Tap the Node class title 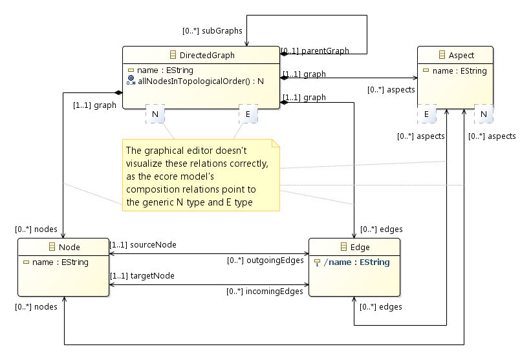click(x=69, y=247)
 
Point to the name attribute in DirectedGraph click(x=165, y=70)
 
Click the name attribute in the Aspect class click(x=459, y=71)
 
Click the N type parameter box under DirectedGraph click(x=155, y=114)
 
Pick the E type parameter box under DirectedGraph click(x=248, y=114)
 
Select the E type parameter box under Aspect click(x=426, y=114)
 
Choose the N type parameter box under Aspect click(x=483, y=114)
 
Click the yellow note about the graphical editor click(x=200, y=175)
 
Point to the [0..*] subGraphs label click(x=212, y=30)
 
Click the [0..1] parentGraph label click(x=315, y=51)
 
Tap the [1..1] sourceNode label click(x=143, y=245)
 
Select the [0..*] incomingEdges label click(x=265, y=292)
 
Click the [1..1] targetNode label click(x=142, y=276)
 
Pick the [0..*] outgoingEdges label click(x=265, y=261)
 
